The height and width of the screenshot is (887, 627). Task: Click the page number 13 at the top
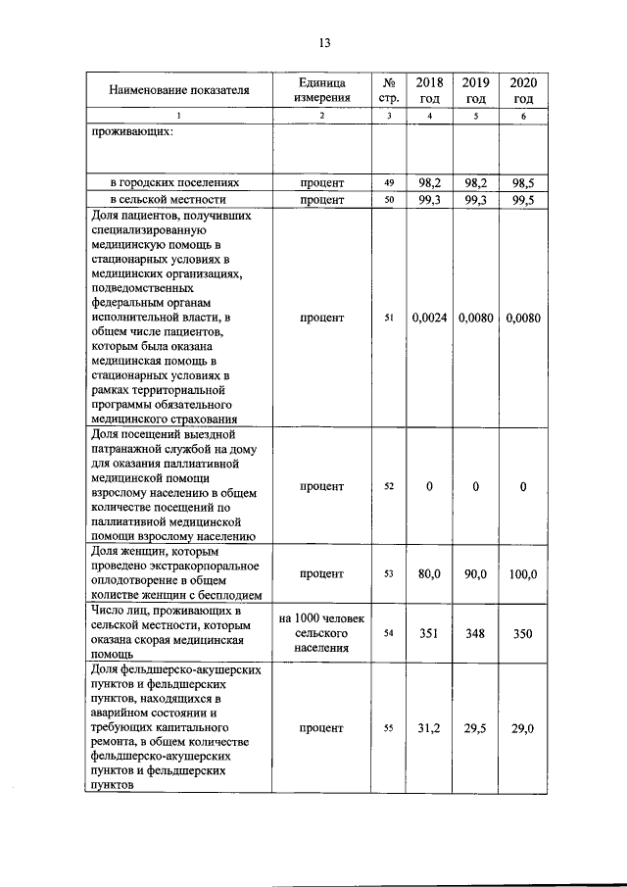324,42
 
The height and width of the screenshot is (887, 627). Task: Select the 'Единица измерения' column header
322,90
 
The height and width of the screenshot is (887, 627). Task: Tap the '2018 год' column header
430,90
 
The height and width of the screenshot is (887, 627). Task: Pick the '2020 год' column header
523,90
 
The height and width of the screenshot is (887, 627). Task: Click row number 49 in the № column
389,183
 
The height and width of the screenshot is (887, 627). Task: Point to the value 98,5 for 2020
523,183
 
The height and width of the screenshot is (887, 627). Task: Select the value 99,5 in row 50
523,200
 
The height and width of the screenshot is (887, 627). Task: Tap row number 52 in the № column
389,487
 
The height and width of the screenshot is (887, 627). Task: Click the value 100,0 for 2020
523,573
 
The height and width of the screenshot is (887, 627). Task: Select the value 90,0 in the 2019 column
476,573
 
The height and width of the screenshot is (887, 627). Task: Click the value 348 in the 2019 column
476,633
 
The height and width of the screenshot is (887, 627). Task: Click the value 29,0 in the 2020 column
523,728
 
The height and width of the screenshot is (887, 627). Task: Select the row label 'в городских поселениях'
174,183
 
